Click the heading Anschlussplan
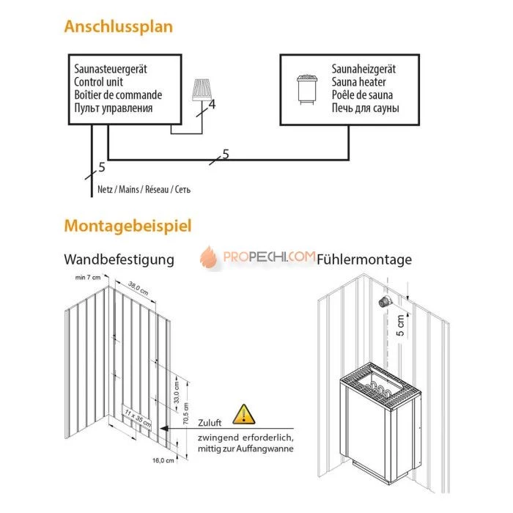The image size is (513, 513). (x=119, y=27)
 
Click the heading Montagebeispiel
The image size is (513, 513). (x=128, y=225)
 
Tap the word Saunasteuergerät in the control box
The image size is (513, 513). (x=111, y=70)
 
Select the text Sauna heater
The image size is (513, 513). (x=358, y=82)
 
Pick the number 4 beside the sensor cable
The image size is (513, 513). (x=213, y=105)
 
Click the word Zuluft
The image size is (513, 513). (x=211, y=423)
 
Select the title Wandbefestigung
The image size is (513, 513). (x=119, y=259)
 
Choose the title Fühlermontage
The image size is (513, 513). (x=364, y=259)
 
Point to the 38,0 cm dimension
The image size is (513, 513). (x=138, y=286)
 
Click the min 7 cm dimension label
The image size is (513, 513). (x=87, y=278)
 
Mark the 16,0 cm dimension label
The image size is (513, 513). (x=163, y=461)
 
